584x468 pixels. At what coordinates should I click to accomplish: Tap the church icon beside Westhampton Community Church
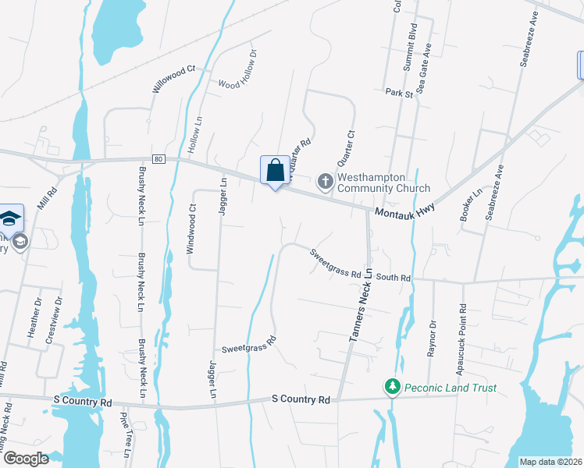[325, 182]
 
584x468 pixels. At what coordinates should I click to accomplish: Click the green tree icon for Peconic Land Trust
[391, 387]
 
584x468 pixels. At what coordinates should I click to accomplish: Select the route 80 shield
[158, 159]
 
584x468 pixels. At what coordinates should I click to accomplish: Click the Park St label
[398, 93]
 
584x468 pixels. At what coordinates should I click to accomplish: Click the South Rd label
[393, 277]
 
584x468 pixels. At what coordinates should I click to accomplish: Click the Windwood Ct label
[191, 229]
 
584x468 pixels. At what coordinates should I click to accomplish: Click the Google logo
[26, 459]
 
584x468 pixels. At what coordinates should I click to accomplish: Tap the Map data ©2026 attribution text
[551, 462]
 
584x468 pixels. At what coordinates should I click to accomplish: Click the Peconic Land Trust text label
[450, 388]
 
